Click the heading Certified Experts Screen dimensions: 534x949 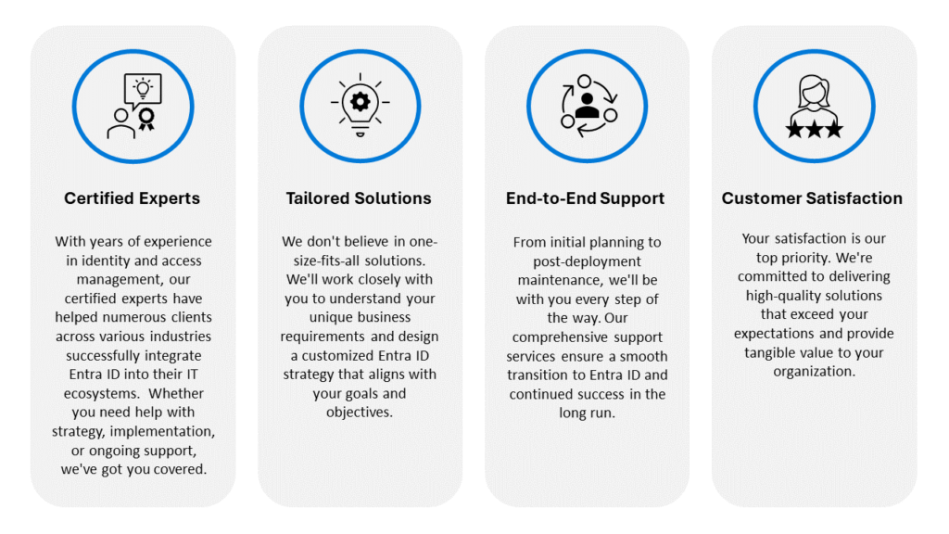tap(132, 198)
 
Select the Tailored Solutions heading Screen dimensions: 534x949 tap(359, 198)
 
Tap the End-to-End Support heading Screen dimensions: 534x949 tap(587, 198)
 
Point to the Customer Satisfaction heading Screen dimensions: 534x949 tap(812, 198)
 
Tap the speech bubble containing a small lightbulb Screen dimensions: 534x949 tap(142, 90)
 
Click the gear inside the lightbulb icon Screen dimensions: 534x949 tap(360, 98)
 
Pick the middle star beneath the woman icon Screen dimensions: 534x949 tap(814, 129)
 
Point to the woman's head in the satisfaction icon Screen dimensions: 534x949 tap(814, 90)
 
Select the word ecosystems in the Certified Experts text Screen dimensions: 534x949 tap(93, 393)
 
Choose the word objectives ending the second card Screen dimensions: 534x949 tap(359, 412)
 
